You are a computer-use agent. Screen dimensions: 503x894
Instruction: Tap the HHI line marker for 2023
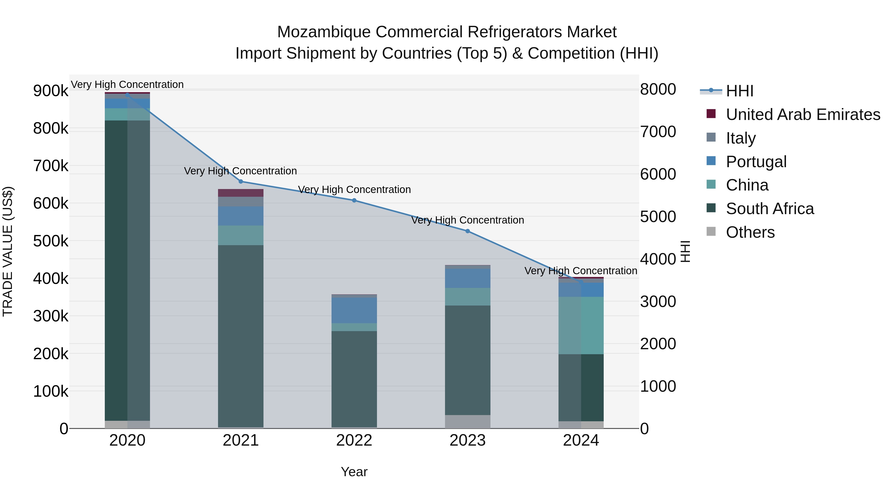coord(467,231)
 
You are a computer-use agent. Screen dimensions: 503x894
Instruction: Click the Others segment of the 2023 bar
coord(467,422)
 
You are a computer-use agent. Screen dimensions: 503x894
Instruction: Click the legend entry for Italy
coord(741,138)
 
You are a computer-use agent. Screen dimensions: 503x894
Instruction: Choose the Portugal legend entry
coord(756,162)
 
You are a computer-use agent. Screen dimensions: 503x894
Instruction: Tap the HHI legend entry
coord(739,91)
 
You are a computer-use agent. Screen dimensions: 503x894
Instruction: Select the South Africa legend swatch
coord(711,208)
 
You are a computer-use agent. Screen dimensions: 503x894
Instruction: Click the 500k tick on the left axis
coord(51,241)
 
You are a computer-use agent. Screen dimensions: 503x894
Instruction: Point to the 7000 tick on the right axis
coord(658,132)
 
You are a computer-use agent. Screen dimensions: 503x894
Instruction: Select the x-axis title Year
coord(354,472)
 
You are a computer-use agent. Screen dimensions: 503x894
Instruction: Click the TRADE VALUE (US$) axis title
coord(8,251)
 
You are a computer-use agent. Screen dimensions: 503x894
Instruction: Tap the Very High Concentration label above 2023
coord(467,220)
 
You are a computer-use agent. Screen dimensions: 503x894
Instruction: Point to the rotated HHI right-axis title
coord(685,251)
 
